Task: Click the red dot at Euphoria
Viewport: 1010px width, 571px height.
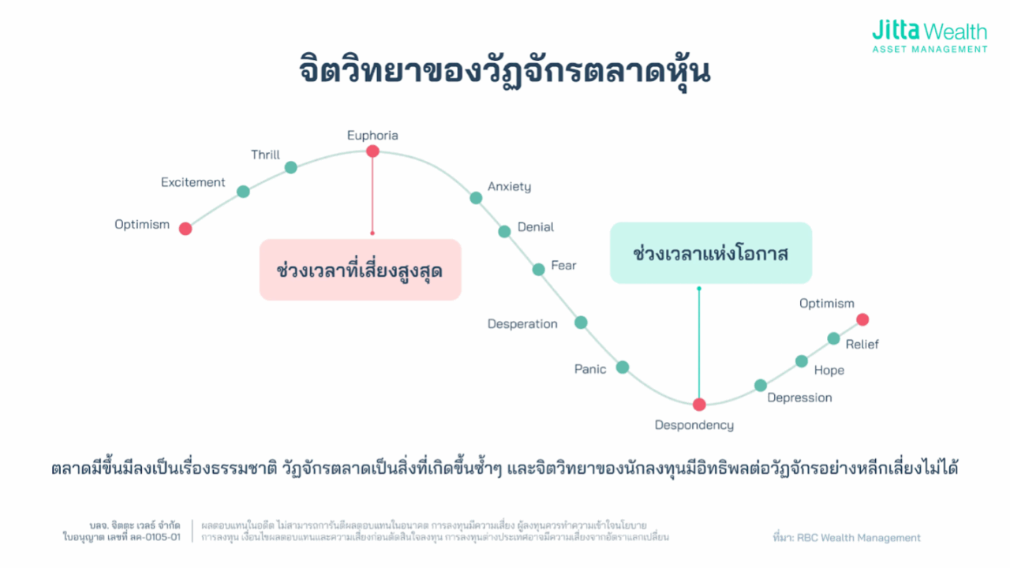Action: click(372, 151)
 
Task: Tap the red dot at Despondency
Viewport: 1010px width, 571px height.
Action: click(699, 405)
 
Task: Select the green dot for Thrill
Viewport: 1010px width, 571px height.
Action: click(291, 168)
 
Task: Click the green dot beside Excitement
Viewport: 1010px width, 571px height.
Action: click(243, 192)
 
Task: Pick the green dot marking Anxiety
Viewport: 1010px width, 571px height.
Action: click(476, 198)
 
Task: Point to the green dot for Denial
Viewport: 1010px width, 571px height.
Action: click(504, 232)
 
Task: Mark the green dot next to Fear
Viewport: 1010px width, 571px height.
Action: click(538, 270)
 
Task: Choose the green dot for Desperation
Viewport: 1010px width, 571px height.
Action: click(581, 323)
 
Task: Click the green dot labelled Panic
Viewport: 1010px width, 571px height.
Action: click(623, 368)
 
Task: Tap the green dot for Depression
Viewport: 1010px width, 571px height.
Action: click(760, 386)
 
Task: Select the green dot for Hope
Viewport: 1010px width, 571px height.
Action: click(801, 361)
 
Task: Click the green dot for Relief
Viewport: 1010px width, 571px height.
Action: click(833, 338)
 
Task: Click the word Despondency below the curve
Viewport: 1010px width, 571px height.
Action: click(694, 425)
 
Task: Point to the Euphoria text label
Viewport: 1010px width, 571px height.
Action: click(372, 136)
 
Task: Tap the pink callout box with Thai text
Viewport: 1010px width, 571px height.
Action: click(361, 270)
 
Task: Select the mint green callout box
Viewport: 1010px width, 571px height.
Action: click(711, 253)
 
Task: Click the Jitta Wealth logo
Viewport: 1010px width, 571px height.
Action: click(930, 36)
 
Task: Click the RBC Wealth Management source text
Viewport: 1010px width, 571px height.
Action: click(847, 538)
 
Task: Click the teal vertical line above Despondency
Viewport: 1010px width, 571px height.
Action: click(699, 343)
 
